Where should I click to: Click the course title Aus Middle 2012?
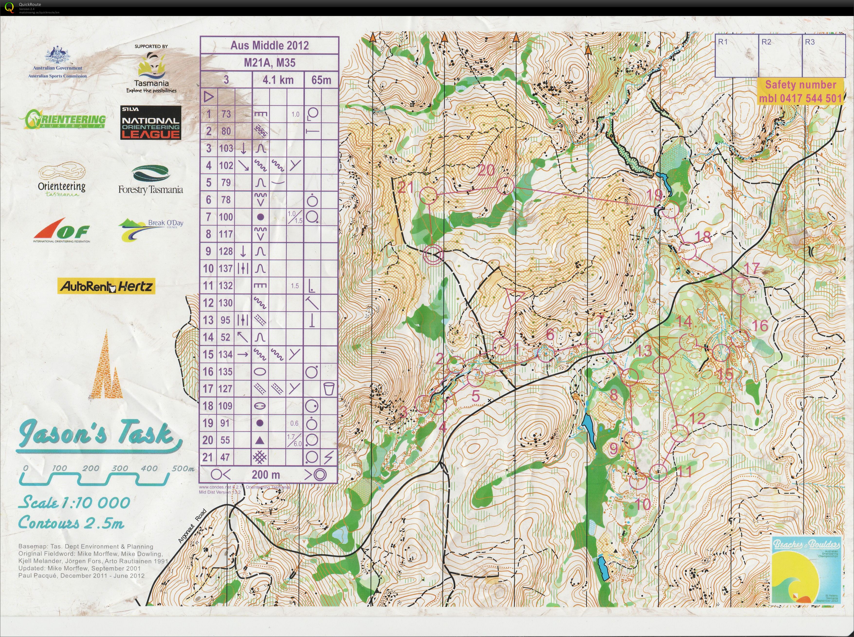pos(269,45)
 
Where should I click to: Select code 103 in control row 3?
pos(226,148)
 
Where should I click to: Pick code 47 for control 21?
pos(225,457)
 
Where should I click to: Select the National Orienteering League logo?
pos(151,123)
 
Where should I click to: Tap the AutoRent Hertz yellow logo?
pos(106,286)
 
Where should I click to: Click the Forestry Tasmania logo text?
pos(150,189)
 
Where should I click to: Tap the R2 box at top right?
pos(780,55)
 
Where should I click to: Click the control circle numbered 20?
pos(505,186)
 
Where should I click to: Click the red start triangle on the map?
pos(513,296)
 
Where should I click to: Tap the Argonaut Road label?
pos(192,526)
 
